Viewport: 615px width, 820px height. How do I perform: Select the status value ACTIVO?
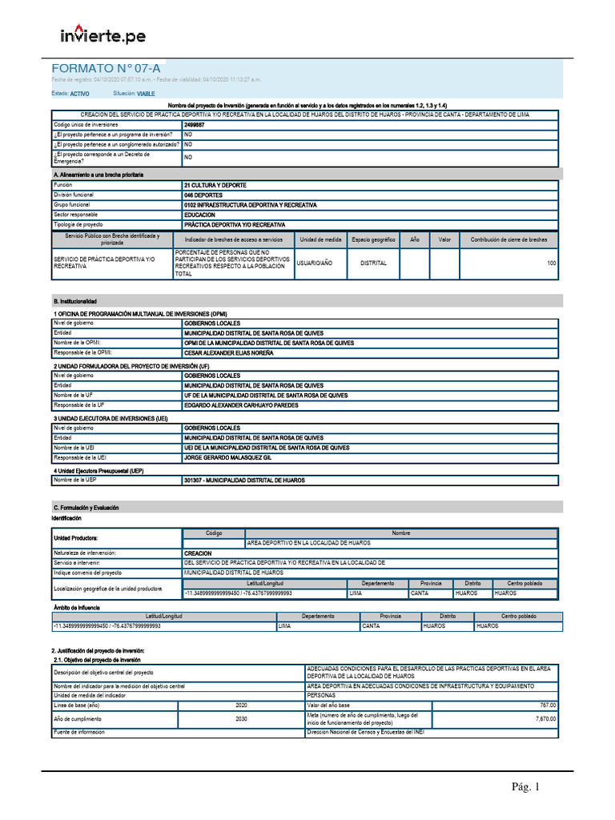(x=80, y=94)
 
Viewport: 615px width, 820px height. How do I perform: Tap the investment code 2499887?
(x=194, y=126)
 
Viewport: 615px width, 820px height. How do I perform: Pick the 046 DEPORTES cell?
(x=203, y=195)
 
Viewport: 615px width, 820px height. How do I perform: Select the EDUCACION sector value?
(x=199, y=215)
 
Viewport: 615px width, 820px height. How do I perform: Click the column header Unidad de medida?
(x=320, y=239)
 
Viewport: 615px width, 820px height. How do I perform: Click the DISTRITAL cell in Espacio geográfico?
(x=373, y=263)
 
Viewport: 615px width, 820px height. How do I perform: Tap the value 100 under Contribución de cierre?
(x=552, y=263)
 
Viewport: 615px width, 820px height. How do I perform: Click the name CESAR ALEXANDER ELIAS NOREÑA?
(x=228, y=353)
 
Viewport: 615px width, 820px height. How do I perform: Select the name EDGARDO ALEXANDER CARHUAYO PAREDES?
(x=240, y=405)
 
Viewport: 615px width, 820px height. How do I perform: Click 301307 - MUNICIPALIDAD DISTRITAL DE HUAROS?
(x=244, y=480)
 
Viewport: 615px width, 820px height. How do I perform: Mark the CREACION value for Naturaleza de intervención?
(x=198, y=553)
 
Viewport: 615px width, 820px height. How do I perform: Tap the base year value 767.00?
(x=547, y=705)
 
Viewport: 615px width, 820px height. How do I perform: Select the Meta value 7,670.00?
(x=545, y=718)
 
